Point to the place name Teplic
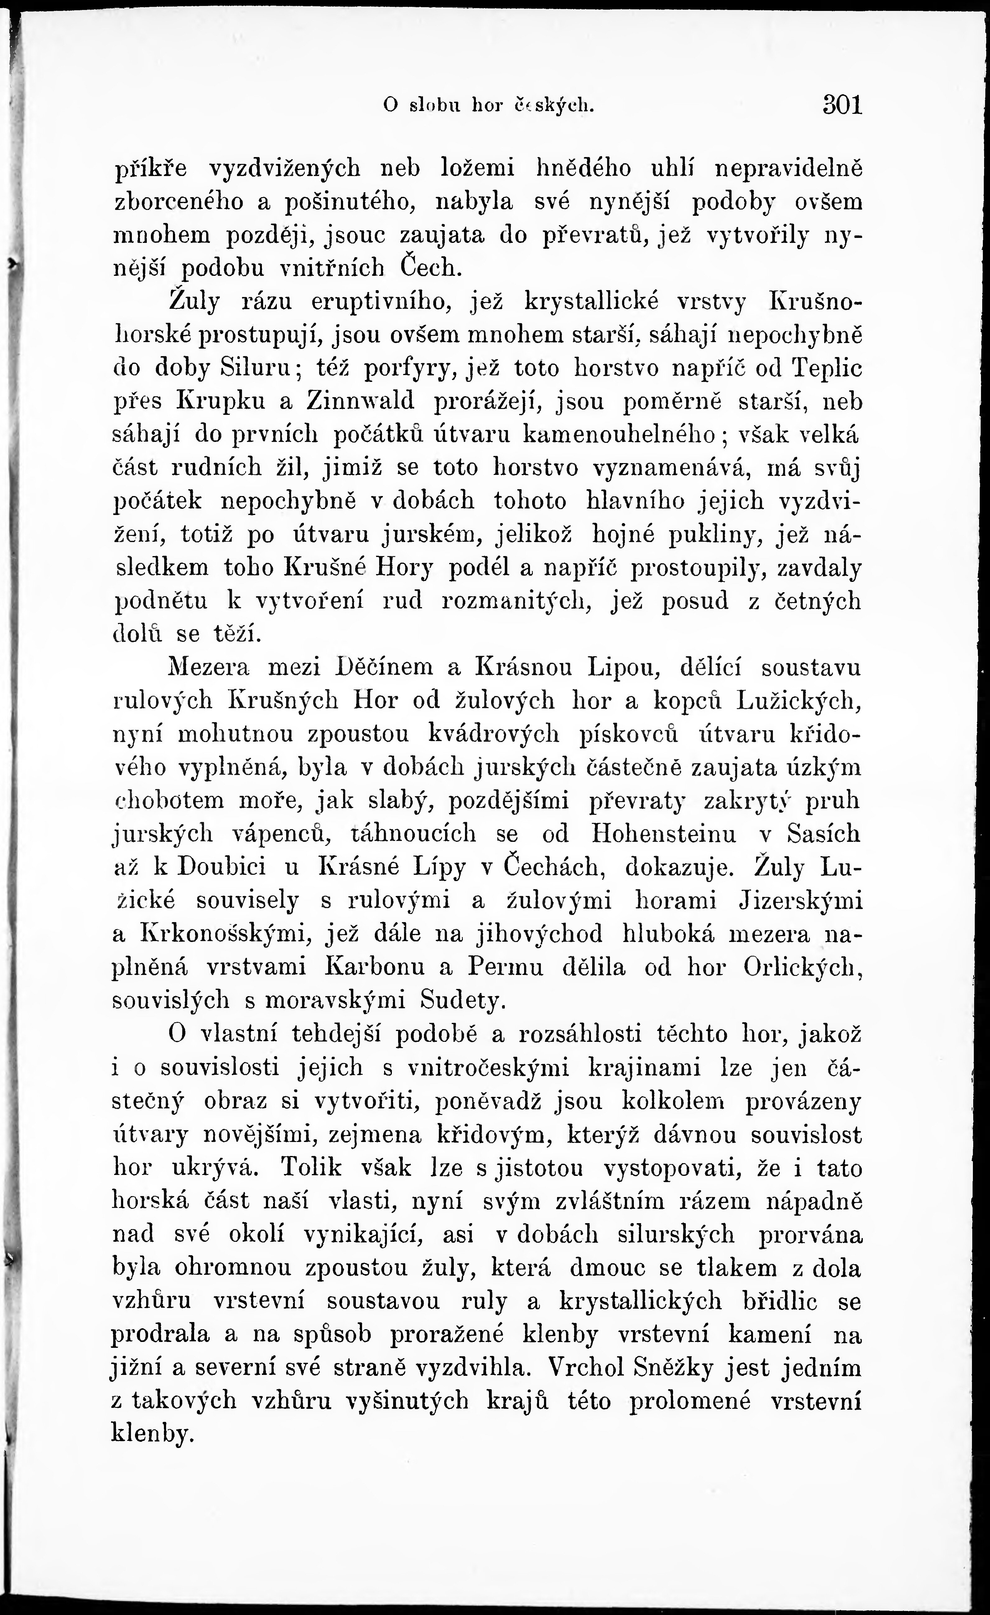click(827, 368)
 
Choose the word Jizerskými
click(800, 900)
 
